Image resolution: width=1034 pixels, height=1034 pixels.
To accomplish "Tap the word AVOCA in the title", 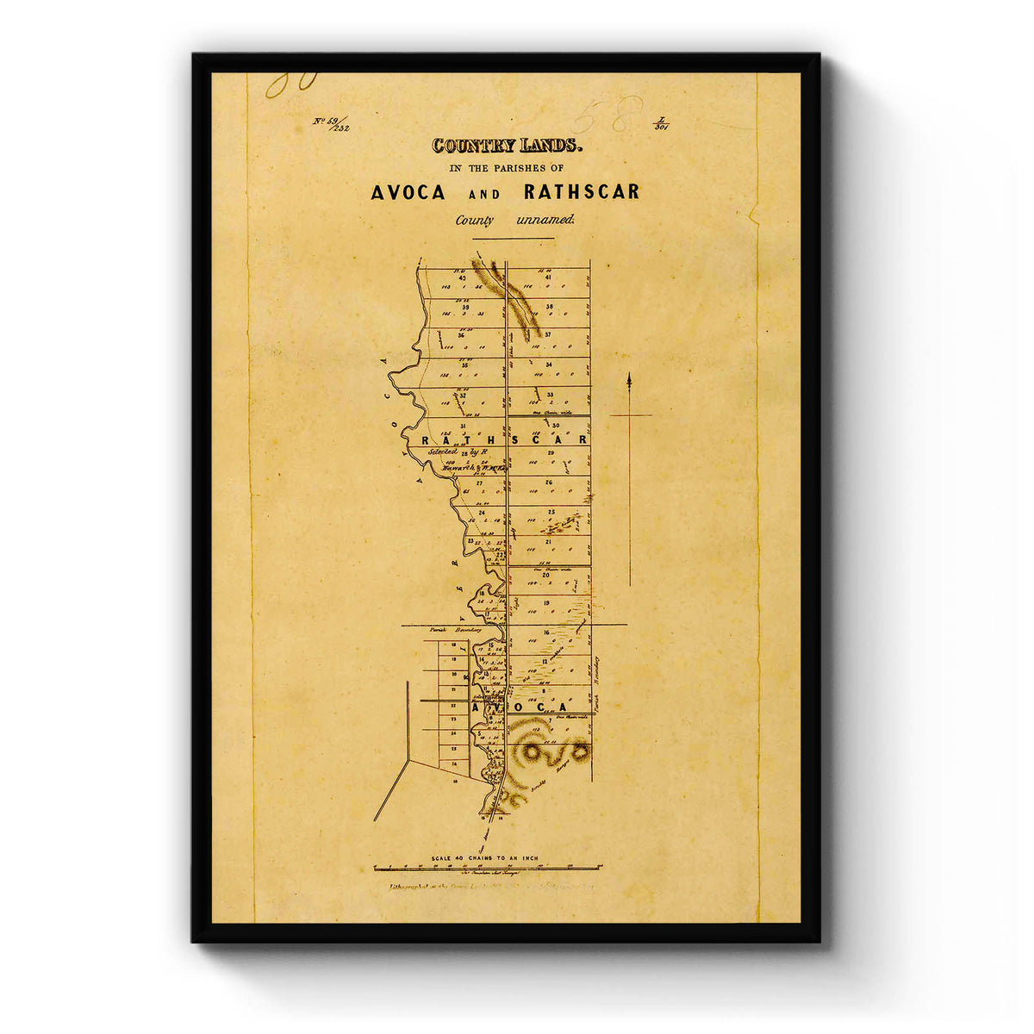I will [408, 192].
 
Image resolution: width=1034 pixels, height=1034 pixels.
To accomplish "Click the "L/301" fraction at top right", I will [662, 123].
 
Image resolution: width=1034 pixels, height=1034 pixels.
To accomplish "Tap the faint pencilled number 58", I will [608, 115].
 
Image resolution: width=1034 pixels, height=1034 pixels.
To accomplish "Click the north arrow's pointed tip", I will [630, 375].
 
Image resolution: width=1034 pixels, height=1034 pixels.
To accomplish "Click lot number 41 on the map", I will [548, 277].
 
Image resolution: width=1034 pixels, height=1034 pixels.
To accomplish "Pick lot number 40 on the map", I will [463, 277].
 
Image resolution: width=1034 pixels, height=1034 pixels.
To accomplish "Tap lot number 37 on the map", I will [548, 334].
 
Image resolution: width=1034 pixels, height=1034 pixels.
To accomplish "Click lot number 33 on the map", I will [549, 395].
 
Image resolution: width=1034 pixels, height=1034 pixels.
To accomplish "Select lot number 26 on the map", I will [548, 483].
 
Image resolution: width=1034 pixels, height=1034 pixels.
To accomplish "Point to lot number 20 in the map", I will [545, 575].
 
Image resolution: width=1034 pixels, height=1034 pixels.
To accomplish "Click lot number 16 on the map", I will [546, 632].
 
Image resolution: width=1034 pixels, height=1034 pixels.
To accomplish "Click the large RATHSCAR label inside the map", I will [505, 439].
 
